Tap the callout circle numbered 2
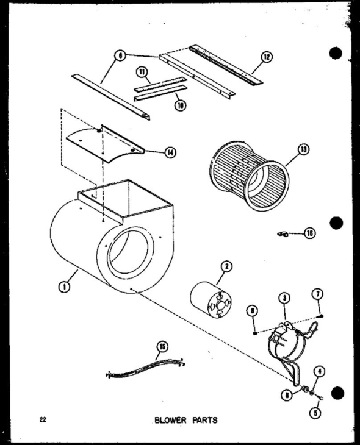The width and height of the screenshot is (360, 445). click(226, 266)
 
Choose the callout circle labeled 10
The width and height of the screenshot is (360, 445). click(181, 105)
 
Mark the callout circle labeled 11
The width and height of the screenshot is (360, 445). click(144, 73)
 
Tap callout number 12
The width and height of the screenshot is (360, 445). click(267, 58)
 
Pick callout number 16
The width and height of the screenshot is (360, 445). click(310, 233)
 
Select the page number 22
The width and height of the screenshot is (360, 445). click(42, 419)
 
